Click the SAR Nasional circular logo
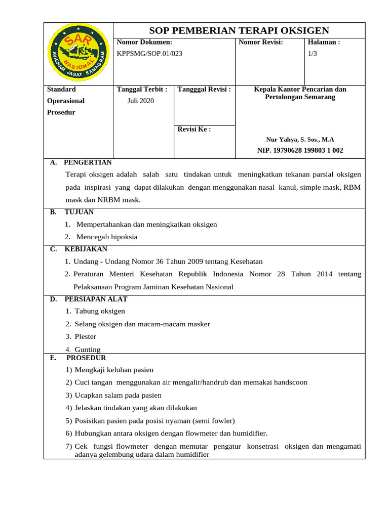(77, 53)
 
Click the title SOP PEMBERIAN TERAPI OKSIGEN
(239, 30)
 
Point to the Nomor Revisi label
(260, 42)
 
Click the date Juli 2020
(140, 101)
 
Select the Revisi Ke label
(194, 129)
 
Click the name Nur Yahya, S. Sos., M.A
(300, 140)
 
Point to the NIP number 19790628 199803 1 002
(300, 150)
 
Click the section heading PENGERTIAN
(88, 162)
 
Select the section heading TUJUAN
(79, 212)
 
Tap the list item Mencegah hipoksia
(106, 237)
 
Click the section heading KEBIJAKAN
(86, 249)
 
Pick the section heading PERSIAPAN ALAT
(96, 299)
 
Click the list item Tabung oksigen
(99, 311)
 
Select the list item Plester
(85, 336)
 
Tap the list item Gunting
(87, 349)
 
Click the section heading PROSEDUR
(86, 358)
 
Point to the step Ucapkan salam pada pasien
(118, 395)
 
